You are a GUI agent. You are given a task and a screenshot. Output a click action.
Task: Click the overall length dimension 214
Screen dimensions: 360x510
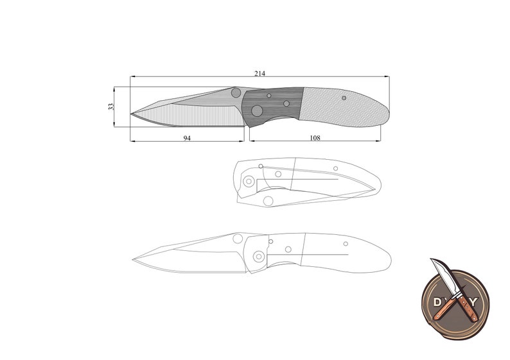point(259,74)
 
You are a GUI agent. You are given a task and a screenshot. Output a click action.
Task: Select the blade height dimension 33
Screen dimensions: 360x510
point(111,107)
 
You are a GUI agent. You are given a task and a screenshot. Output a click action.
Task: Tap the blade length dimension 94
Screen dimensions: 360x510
point(187,138)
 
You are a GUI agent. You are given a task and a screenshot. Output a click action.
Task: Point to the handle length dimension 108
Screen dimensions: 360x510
point(315,138)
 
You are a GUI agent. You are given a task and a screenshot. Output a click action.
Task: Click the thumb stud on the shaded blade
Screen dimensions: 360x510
point(236,92)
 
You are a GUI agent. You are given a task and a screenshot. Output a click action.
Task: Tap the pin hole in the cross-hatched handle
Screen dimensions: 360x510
point(344,98)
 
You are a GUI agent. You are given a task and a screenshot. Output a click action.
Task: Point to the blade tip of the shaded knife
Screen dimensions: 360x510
point(131,116)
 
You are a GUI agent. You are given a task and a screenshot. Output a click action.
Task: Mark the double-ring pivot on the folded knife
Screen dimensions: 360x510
point(249,181)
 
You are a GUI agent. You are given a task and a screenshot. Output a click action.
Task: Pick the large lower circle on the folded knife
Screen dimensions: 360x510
point(268,201)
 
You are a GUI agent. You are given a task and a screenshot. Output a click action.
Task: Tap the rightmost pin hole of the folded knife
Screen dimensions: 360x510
point(337,168)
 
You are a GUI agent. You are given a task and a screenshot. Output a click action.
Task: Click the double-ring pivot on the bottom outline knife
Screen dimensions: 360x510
point(258,256)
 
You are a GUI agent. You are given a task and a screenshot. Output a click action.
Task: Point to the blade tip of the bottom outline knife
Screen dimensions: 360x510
point(133,259)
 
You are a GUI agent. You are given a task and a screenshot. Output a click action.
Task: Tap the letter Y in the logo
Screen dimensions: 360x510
point(474,300)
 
